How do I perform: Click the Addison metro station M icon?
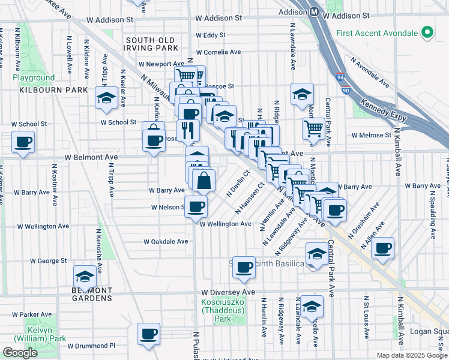tap(314, 12)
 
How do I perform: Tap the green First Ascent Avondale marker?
tap(427, 32)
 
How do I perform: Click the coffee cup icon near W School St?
tap(23, 143)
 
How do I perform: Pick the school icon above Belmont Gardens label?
tap(85, 277)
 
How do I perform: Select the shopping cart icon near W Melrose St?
tap(313, 128)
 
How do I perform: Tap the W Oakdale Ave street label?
tap(166, 242)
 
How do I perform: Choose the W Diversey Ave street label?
tap(228, 292)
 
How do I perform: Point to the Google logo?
tap(20, 353)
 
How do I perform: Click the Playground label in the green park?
tap(34, 78)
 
